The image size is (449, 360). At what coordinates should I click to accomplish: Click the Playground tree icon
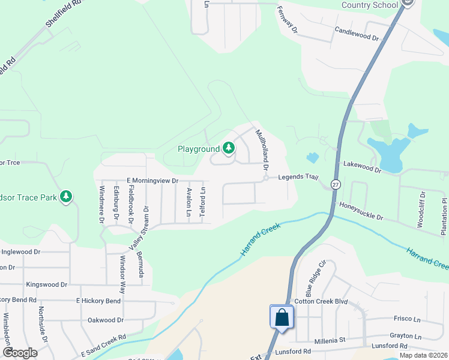[x=228, y=148]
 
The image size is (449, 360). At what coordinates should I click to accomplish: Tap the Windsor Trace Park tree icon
[x=66, y=196]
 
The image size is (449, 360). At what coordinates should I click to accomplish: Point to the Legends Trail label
[x=297, y=177]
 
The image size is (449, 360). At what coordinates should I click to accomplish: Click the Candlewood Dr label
[x=357, y=34]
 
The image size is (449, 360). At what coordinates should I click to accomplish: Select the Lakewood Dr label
[x=362, y=167]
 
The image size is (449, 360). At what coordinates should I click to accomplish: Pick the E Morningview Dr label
[x=152, y=180]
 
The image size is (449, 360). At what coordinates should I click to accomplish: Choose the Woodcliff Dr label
[x=421, y=209]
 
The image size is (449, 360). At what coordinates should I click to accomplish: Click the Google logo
[x=19, y=353]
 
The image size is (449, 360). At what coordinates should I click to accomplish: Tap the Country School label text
[x=370, y=5]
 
